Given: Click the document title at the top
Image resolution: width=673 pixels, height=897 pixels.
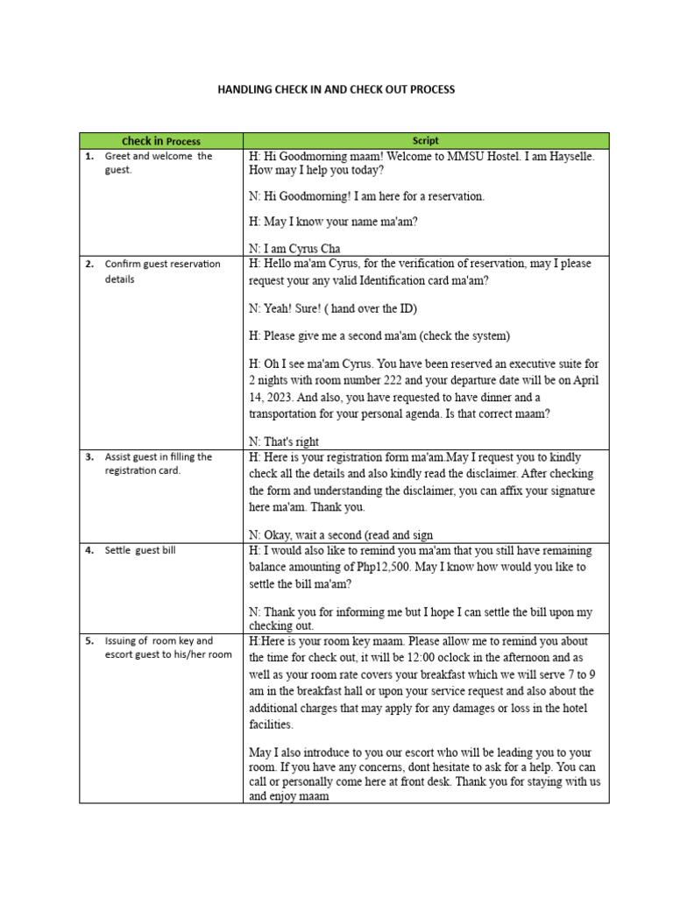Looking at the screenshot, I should click(336, 89).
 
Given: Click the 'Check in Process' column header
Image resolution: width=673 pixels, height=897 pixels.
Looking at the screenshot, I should click(161, 140).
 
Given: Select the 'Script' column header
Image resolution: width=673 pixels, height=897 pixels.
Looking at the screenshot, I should click(426, 140).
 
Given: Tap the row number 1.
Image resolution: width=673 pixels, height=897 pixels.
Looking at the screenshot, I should click(89, 156).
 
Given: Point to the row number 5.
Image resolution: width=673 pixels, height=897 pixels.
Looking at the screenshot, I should click(89, 640).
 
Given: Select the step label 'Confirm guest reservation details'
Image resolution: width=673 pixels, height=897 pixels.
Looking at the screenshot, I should click(162, 271).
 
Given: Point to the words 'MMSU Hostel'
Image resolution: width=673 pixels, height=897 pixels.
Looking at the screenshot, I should click(480, 156).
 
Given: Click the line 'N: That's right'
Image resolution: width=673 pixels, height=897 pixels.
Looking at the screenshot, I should click(284, 441).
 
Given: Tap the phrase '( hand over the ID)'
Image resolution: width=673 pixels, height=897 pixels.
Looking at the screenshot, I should click(371, 308).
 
